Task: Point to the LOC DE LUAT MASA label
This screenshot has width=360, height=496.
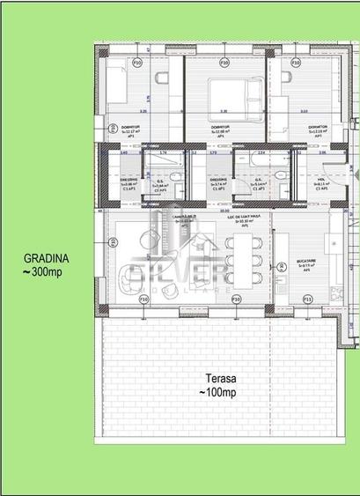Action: point(236,218)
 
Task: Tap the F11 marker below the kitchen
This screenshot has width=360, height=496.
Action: point(307,300)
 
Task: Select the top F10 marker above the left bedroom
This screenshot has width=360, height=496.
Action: point(136,63)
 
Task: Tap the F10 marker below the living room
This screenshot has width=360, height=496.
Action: point(143,300)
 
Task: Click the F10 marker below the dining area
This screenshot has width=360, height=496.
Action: point(236,300)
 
